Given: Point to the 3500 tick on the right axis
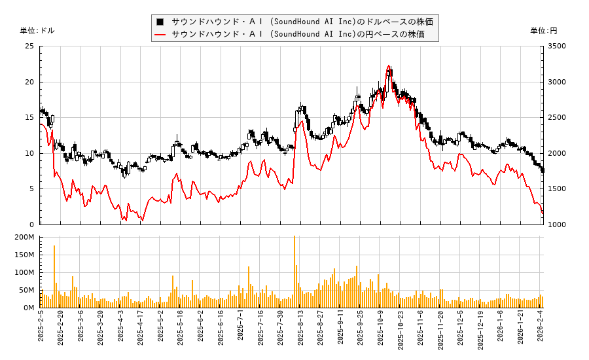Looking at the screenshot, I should [x=558, y=46].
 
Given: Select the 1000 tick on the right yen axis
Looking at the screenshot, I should [x=558, y=225].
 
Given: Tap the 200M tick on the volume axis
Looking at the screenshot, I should [x=26, y=237].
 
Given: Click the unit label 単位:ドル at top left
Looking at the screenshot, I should [x=37, y=31].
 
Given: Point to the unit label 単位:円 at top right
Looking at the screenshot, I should [x=544, y=31].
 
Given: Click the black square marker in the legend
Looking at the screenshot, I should [x=160, y=22].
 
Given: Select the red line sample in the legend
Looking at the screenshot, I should [x=160, y=34].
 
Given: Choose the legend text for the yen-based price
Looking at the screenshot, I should [x=298, y=34].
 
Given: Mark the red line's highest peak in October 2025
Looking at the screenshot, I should [x=389, y=65].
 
